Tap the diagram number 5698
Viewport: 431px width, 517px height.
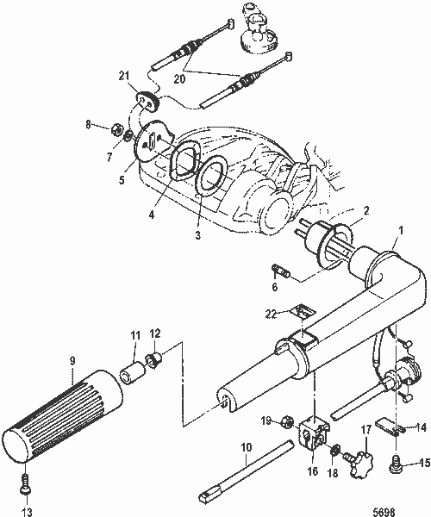[x=403, y=509]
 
